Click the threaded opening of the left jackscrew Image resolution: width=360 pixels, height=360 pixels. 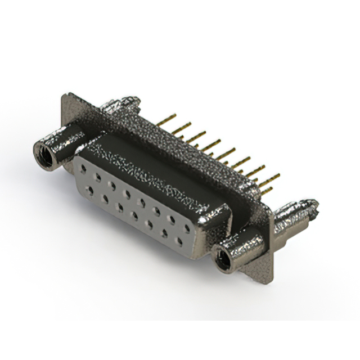[x=44, y=154]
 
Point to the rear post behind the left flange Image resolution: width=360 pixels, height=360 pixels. [x=121, y=103]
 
